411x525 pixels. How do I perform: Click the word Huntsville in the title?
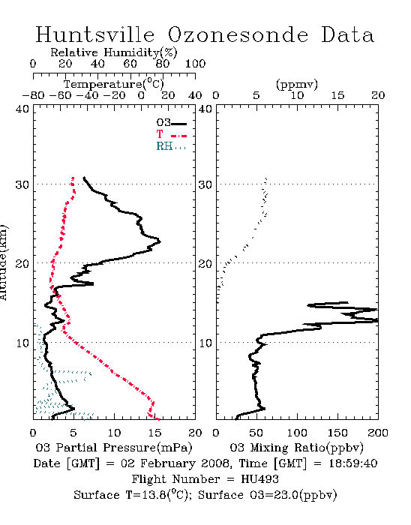coord(95,34)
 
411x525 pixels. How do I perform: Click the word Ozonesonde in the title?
coord(238,34)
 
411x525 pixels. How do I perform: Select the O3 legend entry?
coord(171,123)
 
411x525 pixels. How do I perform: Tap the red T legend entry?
coord(171,134)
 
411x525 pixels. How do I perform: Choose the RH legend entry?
coord(171,146)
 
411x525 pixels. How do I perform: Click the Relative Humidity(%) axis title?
coord(114,52)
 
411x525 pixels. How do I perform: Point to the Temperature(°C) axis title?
coord(114,84)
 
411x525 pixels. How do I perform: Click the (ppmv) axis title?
coord(297,84)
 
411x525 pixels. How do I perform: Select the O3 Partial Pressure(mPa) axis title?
coord(114,448)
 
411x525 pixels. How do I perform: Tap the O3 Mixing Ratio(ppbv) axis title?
coord(296,448)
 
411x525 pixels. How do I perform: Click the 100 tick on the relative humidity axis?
coord(195,64)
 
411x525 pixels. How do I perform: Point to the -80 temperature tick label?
coord(33,95)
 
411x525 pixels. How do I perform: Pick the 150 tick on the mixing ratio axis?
coord(337,433)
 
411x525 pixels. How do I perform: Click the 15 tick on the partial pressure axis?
coord(154,433)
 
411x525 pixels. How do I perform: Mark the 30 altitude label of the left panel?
coord(22,184)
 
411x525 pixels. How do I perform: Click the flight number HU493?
coord(259,479)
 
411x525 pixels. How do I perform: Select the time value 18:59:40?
coord(353,463)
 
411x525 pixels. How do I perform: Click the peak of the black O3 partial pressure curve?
coord(160,241)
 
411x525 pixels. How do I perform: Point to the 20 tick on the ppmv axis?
coord(378,95)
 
